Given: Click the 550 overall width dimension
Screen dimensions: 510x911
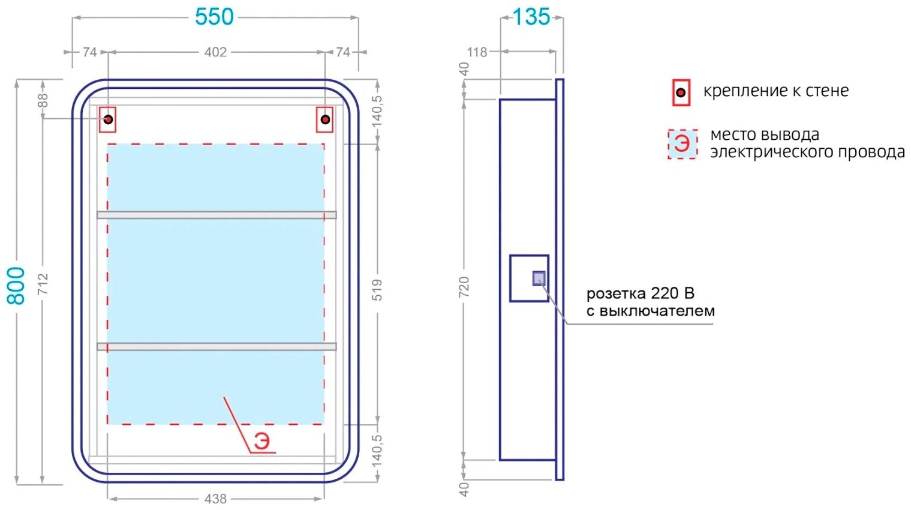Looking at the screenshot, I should coord(214,17).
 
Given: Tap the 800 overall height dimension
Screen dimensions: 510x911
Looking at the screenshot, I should coord(17,286).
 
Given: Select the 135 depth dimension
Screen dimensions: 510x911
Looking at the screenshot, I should coord(531,17).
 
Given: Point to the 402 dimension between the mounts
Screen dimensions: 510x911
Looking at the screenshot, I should coord(215,52).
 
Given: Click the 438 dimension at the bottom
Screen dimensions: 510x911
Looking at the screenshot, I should coord(215,499).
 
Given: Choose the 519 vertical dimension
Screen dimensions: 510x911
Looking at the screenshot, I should coord(377,290).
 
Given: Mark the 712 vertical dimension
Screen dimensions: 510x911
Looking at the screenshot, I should coord(43,284).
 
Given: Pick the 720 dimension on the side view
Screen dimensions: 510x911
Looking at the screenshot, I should coord(464,287).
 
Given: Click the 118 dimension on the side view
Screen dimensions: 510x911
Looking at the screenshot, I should coord(477,52).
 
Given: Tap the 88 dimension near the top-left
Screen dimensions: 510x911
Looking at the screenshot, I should coord(43,100).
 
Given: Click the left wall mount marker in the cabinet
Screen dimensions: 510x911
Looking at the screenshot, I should coord(108,119).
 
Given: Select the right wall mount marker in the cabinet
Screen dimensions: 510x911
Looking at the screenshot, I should coord(324,119).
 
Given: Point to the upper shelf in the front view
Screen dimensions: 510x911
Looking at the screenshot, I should coord(217,215).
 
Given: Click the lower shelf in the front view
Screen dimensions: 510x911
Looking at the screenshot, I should coord(217,346).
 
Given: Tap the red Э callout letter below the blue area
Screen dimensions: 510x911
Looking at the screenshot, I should coord(261,441).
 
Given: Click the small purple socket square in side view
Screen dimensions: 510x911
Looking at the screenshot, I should coord(539,278).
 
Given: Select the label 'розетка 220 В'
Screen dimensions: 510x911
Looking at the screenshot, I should coord(640,293).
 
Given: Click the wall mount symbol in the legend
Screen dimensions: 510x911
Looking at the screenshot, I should coord(681,93).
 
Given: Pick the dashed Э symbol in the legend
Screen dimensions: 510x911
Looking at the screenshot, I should coord(683,144).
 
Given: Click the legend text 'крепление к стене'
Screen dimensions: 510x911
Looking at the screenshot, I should coord(775,91).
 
